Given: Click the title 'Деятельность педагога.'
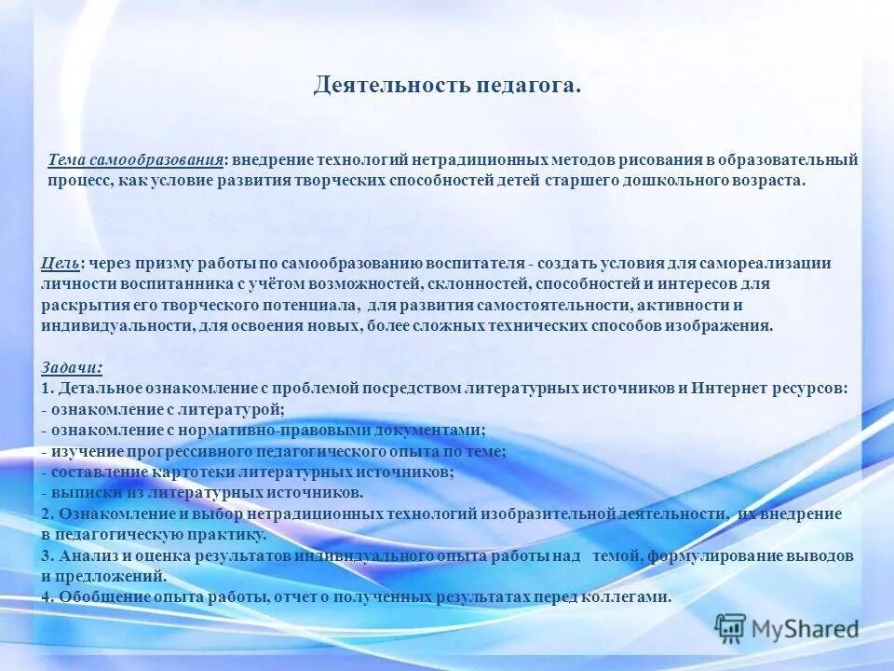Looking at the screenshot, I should (447, 87).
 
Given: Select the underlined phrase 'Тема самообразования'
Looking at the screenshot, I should (135, 160).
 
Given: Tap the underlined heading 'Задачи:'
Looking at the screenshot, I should (73, 367).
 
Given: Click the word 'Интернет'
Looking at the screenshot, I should (729, 388).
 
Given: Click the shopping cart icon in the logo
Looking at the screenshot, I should (731, 627).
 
